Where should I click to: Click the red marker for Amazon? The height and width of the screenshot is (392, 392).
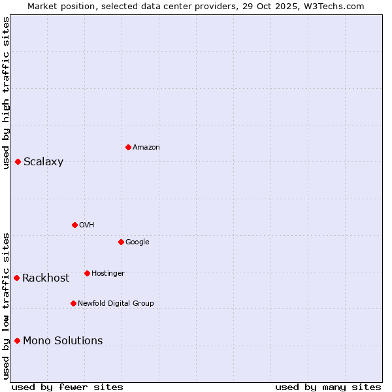[128, 147]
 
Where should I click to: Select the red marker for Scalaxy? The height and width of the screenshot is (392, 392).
[18, 161]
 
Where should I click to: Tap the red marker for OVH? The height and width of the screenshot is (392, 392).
[74, 225]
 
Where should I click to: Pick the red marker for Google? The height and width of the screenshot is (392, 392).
[121, 242]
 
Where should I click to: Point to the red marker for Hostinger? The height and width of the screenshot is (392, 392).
[87, 273]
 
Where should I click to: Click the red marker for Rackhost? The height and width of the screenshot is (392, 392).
[16, 278]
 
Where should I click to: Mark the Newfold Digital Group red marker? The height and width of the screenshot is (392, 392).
[73, 303]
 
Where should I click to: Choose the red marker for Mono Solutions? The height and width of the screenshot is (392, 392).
[17, 340]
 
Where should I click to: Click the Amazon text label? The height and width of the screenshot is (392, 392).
[146, 148]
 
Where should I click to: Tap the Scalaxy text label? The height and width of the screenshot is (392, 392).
[43, 162]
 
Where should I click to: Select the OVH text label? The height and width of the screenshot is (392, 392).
[87, 225]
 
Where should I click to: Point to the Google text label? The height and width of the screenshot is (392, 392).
[137, 242]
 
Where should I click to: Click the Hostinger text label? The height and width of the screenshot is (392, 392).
[108, 274]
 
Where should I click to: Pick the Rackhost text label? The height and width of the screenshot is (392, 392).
[46, 278]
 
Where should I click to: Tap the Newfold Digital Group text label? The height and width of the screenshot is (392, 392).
[116, 304]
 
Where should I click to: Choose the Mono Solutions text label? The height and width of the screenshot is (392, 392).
[63, 341]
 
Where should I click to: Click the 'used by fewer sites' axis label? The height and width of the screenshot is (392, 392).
[67, 387]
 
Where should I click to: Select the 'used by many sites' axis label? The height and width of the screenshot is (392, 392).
[328, 387]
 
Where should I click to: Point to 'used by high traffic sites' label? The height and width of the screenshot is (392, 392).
[6, 93]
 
